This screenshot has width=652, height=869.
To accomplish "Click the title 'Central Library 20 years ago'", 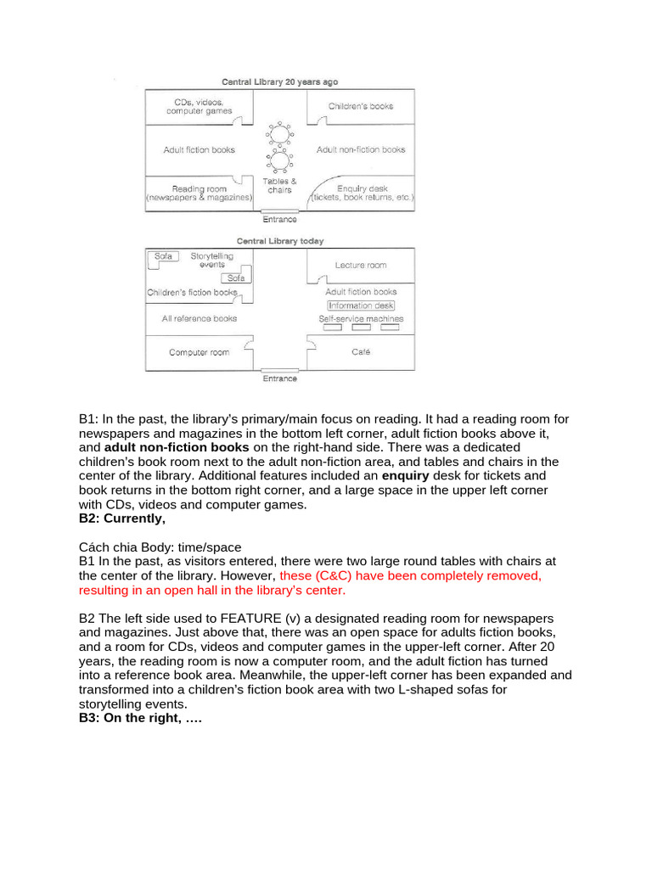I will [279, 82].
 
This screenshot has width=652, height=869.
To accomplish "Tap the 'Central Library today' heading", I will [279, 241].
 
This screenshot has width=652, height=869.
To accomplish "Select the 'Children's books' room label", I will [361, 106].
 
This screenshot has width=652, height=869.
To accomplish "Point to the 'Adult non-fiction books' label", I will [361, 150].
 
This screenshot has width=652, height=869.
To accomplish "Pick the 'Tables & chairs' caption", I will [279, 185].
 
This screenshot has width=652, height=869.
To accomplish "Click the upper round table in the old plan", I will [279, 134].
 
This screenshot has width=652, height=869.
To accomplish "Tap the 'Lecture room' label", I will [361, 265].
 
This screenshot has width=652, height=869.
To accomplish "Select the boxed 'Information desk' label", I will [361, 306].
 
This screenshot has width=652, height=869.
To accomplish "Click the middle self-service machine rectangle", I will [361, 328].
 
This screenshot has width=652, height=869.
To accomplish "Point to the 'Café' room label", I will [361, 352].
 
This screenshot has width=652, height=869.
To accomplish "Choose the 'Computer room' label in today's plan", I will [199, 352].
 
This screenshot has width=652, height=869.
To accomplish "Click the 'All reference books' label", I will [199, 318].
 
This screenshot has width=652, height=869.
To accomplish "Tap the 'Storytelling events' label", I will [212, 260].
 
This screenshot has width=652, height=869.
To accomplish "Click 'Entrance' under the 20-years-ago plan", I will [279, 219].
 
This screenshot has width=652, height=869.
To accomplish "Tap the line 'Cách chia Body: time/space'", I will [160, 547].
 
